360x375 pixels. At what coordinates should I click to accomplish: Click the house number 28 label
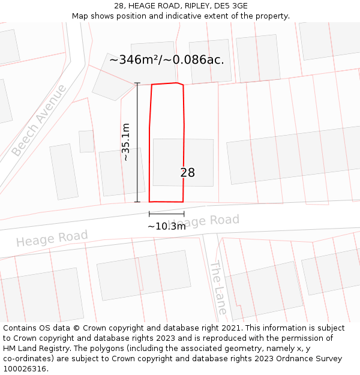point(188,173)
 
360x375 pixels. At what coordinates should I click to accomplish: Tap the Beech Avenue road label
point(40,121)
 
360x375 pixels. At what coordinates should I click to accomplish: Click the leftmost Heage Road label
point(52,238)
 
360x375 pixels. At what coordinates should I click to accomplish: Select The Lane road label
point(218,288)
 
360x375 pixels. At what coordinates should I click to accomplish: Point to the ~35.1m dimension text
point(125,142)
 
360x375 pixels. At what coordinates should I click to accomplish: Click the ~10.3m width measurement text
point(166,226)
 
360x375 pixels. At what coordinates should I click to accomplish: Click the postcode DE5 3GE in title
point(230,6)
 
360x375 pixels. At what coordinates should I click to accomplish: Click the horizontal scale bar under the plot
point(167,214)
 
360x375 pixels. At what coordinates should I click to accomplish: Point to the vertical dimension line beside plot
point(137,142)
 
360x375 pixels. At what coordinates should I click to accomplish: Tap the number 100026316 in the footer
point(25,369)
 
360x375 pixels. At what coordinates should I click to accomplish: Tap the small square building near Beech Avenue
point(86,141)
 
